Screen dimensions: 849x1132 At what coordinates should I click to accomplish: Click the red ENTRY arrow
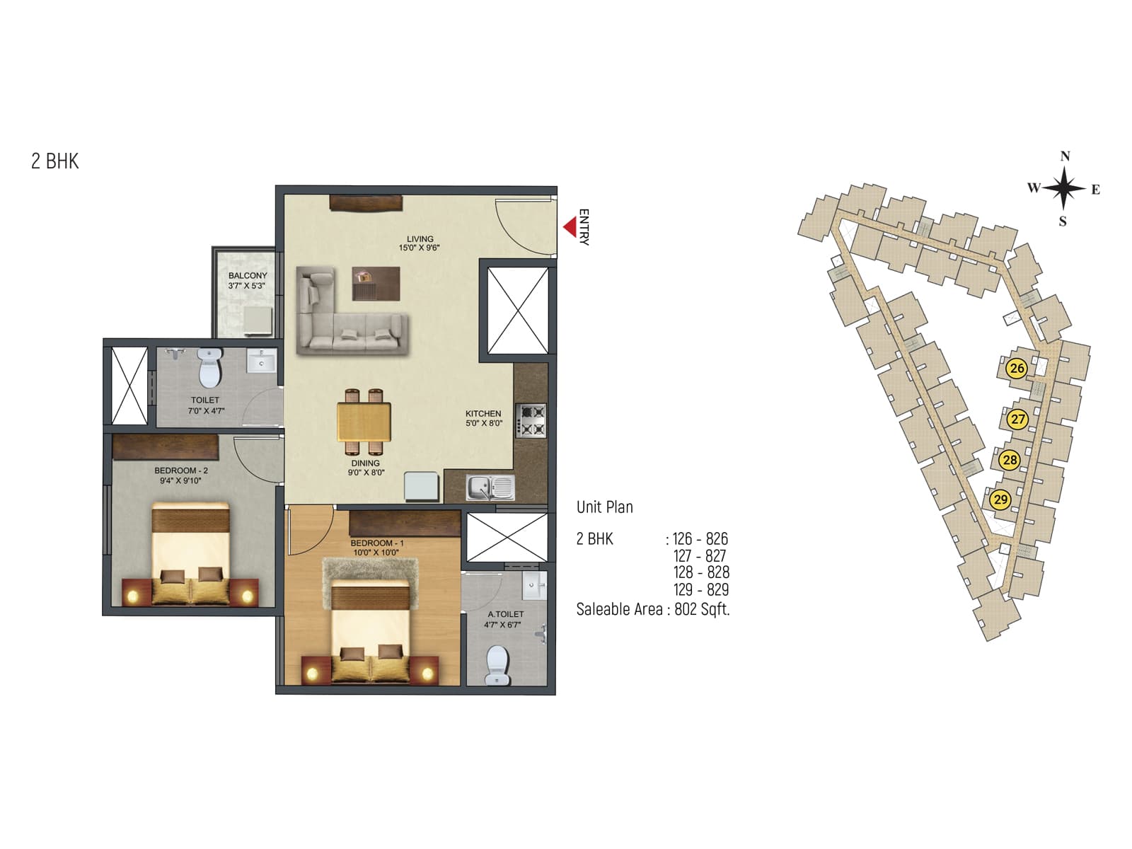570,227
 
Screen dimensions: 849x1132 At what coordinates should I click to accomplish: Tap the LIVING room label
420,239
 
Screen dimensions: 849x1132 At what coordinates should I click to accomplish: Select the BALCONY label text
248,276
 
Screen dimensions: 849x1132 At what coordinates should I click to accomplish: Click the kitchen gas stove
531,419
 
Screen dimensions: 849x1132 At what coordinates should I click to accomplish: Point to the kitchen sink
490,487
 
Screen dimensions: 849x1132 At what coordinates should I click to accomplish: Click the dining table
364,422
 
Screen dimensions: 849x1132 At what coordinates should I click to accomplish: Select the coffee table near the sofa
376,283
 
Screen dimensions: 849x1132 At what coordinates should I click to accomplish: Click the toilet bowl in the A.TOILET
498,662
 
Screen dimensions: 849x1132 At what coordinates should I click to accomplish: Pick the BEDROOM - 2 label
181,470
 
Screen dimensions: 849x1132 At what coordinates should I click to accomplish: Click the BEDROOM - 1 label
376,543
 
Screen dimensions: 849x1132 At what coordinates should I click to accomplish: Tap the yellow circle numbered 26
1017,368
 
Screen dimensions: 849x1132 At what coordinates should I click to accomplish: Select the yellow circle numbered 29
1000,499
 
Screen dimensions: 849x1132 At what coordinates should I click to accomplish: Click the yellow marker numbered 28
1010,460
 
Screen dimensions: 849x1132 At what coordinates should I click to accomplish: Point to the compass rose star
1063,188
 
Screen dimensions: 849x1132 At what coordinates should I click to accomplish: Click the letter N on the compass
1065,156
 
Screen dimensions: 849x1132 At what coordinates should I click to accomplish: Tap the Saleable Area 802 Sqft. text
652,609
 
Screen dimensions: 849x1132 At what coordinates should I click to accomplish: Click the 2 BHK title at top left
55,161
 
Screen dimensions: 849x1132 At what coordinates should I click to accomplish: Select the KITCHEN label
483,414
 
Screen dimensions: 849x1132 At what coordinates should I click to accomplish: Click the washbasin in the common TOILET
262,362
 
